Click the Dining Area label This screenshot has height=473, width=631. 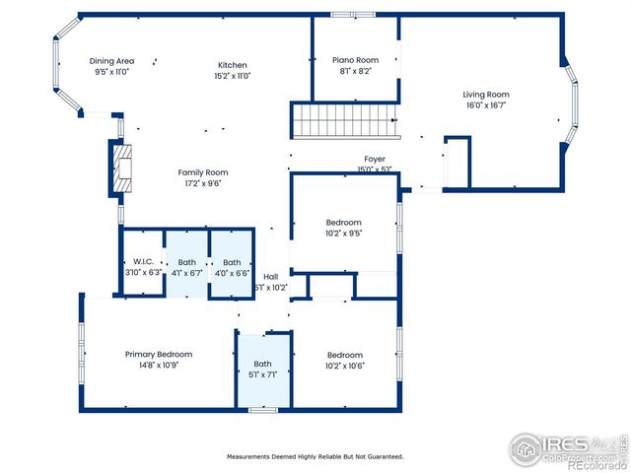coord(111,60)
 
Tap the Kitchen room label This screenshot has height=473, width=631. coord(233,65)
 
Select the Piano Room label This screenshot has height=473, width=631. coord(355,60)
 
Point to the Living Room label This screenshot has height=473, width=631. coord(486,95)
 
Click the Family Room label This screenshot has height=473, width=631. coord(203,172)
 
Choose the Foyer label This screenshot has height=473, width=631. coord(375,159)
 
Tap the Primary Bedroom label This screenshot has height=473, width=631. coord(158,355)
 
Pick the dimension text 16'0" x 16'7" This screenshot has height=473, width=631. coord(486,105)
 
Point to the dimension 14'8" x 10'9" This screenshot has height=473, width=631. coord(158,366)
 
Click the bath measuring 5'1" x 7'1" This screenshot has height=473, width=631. coord(262,369)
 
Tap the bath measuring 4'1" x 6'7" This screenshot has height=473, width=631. coord(187,266)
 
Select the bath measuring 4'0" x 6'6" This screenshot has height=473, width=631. coord(232,266)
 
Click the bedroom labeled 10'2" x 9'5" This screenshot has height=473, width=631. coord(344,228)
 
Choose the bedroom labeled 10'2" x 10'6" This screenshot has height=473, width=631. coord(345,360)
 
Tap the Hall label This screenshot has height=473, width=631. coord(270,277)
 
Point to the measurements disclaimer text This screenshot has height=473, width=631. coord(315,456)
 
